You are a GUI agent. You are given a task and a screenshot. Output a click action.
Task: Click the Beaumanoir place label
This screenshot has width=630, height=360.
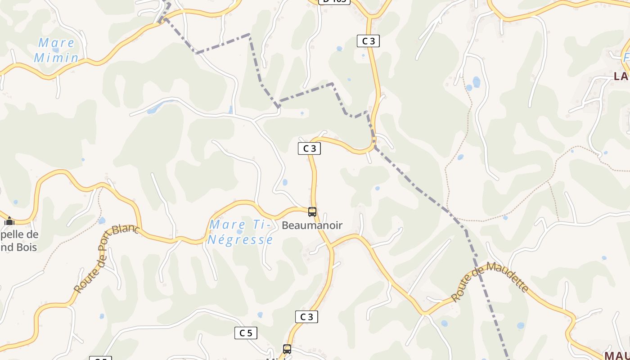click(312, 225)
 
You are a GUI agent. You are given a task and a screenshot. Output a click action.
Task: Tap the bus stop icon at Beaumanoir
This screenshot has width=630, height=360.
click(312, 211)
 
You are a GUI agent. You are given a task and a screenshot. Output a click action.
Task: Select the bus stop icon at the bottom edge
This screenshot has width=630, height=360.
click(287, 349)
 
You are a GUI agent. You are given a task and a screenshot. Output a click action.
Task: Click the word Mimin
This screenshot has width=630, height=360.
click(56, 58)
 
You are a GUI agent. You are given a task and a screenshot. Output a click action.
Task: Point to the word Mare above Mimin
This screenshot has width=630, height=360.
click(56, 43)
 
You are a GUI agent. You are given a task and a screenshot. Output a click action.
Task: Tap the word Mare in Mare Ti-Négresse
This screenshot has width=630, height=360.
click(228, 225)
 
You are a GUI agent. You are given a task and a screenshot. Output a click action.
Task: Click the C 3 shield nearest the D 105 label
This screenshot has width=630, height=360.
click(368, 41)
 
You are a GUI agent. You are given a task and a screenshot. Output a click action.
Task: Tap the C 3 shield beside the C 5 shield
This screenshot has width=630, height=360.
click(306, 317)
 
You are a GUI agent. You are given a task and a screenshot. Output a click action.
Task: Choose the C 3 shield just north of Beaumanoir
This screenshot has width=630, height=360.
click(309, 148)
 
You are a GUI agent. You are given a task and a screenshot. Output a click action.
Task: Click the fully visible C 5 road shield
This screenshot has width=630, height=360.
click(246, 333)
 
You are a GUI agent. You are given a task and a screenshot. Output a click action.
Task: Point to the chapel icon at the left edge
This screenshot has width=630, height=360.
click(9, 221)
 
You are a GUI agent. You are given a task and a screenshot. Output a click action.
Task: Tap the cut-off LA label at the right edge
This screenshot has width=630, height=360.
click(621, 76)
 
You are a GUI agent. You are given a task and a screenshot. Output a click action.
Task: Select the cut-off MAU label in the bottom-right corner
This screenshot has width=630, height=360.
click(617, 355)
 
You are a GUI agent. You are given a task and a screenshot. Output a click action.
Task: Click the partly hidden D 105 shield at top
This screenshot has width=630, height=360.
click(334, 1)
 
